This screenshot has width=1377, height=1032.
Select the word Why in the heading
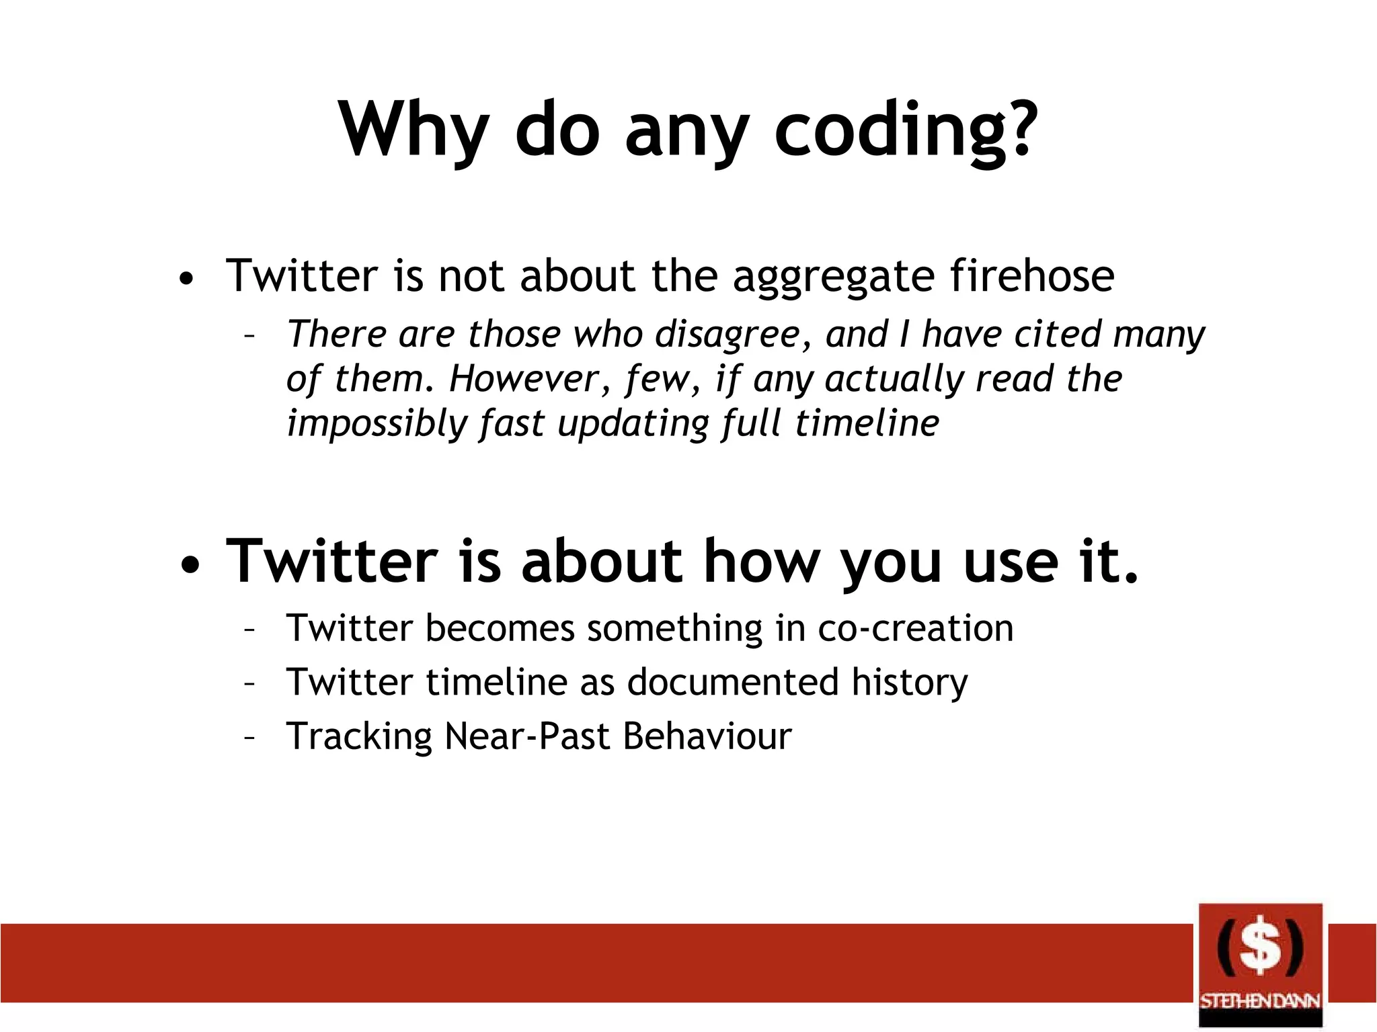click(x=414, y=131)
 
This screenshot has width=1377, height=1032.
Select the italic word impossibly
click(x=377, y=425)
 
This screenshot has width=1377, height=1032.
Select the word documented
click(x=733, y=683)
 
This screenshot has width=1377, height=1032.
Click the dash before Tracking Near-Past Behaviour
click(x=249, y=738)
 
